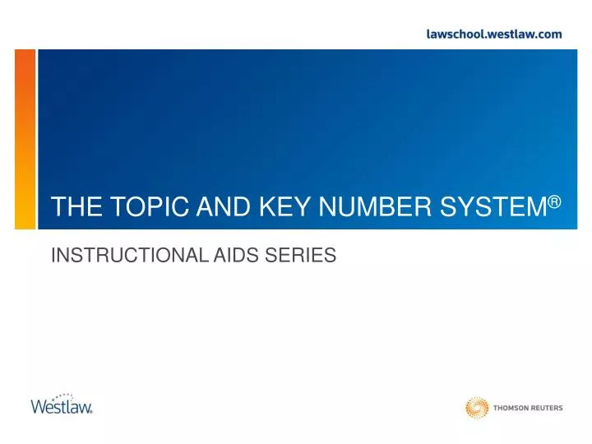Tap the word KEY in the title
(279, 209)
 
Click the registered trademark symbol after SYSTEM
(554, 201)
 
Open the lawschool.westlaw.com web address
(494, 34)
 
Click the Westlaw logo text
(61, 406)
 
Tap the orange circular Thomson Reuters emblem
(477, 407)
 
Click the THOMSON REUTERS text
(528, 408)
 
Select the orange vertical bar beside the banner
(25, 140)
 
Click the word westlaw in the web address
(509, 34)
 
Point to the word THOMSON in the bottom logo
(510, 408)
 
